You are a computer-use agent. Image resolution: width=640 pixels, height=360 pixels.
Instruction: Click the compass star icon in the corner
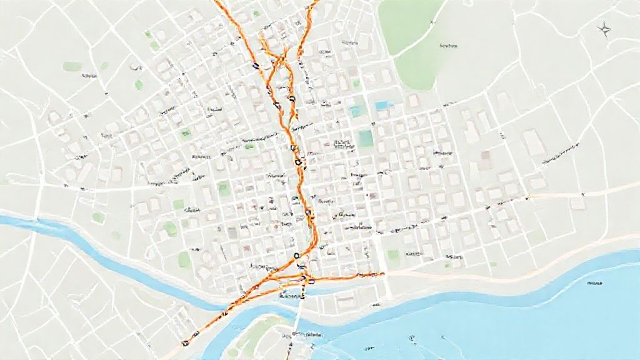click(604, 27)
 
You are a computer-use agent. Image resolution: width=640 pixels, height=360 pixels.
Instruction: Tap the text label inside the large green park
click(449, 46)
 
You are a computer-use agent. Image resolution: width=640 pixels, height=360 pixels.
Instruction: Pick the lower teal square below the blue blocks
click(366, 138)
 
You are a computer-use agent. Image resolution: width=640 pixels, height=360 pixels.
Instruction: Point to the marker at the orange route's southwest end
click(185, 342)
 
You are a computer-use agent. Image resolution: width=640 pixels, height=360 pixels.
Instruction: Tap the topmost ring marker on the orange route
click(254, 64)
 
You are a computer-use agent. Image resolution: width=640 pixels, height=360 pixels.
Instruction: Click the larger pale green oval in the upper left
click(72, 66)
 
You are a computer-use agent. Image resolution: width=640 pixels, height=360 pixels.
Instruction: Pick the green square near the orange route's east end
click(393, 255)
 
